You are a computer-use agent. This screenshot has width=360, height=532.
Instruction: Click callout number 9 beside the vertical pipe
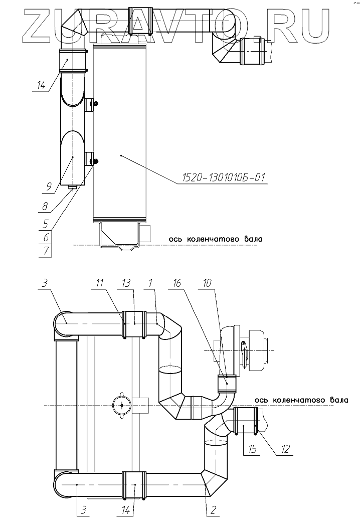48,186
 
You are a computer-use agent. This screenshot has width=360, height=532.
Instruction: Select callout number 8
45,206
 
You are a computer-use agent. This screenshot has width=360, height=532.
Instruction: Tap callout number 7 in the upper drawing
46,252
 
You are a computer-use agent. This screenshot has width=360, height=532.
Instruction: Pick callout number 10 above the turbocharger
207,283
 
